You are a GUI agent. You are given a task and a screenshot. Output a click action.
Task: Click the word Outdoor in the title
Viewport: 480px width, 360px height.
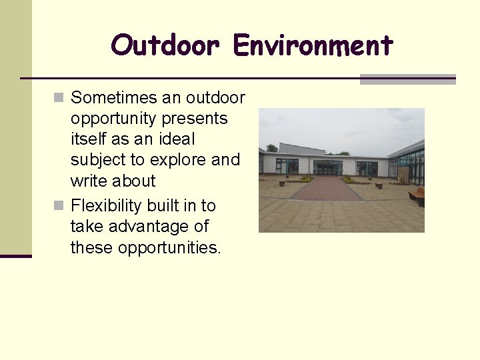165,46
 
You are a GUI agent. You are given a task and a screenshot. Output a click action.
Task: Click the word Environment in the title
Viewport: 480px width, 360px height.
313,46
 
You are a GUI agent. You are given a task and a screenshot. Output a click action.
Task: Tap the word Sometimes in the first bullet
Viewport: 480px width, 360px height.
115,98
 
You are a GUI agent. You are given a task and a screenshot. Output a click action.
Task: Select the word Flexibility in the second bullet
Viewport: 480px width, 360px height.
109,205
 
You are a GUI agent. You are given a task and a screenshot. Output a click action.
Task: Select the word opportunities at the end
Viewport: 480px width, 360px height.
169,247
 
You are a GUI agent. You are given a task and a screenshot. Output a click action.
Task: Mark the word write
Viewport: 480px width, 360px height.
89,181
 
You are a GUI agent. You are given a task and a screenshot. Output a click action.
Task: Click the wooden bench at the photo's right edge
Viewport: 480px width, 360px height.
417,196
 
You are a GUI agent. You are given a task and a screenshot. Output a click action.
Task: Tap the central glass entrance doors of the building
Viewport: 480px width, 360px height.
327,167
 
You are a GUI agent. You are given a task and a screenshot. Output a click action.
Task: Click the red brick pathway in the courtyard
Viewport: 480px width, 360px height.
325,189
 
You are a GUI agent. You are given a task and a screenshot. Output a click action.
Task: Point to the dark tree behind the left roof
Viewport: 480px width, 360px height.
271,148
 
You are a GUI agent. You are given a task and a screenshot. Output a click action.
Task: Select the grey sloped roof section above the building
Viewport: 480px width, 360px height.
300,149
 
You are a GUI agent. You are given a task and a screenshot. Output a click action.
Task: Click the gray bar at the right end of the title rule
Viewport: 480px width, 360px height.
407,79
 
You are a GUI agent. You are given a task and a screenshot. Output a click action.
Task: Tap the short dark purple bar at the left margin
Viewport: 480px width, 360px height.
15,256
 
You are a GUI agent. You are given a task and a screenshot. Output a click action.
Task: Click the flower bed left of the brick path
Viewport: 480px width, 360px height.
306,179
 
